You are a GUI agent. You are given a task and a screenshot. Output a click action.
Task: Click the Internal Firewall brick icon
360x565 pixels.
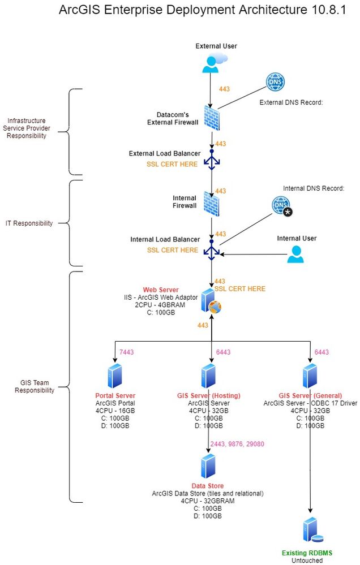212,203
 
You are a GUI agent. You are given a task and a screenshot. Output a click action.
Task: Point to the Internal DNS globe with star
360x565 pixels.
281,206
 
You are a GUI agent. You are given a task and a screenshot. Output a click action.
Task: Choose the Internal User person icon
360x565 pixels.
295,255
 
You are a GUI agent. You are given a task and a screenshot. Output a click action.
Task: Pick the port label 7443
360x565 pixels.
127,352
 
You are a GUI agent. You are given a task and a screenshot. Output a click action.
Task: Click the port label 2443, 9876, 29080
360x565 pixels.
237,445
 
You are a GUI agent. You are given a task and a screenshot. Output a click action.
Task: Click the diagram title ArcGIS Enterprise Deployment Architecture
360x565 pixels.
202,11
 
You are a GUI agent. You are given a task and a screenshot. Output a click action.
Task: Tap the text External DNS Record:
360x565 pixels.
291,103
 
